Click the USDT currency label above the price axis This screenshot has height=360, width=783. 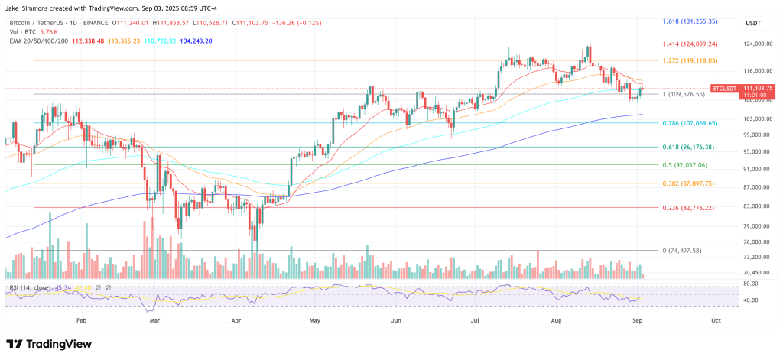click(x=753, y=24)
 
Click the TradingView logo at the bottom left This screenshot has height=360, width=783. click(x=44, y=345)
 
